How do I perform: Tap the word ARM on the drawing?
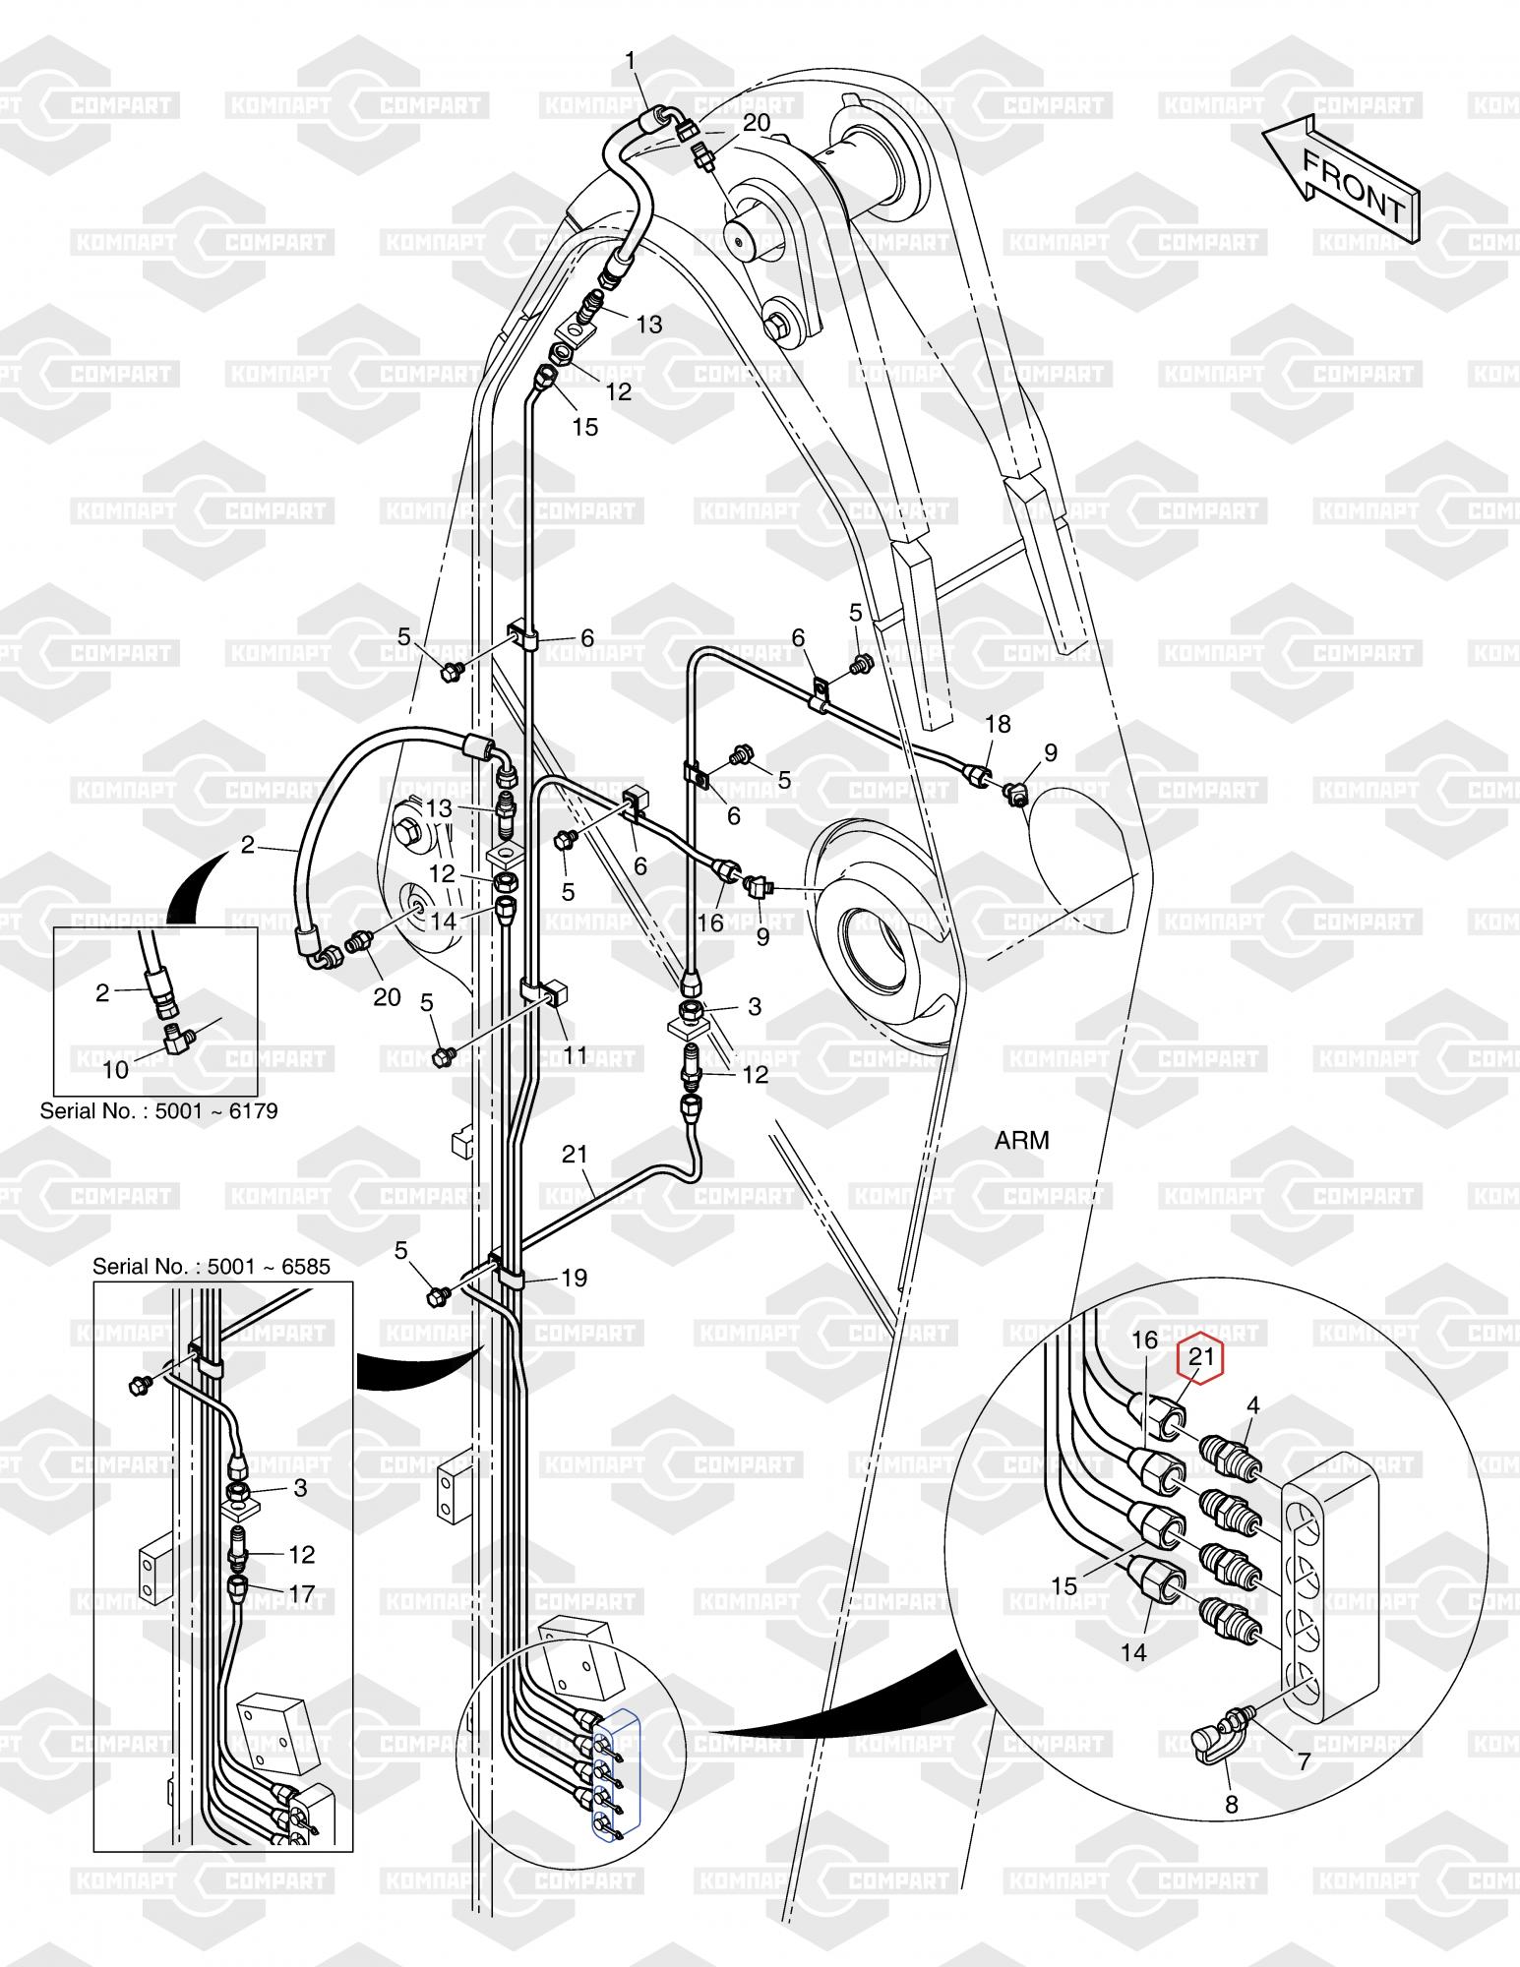tap(1022, 1141)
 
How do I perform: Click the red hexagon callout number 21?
tap(1200, 1358)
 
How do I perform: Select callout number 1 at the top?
tap(631, 61)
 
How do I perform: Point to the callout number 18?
tap(998, 724)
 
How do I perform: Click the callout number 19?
tap(574, 1278)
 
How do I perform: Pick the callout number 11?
tap(575, 1055)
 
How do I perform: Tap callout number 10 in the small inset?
tap(115, 1070)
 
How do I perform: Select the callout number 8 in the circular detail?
tap(1231, 1805)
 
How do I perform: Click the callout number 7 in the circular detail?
tap(1305, 1761)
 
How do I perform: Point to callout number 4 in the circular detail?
tap(1252, 1406)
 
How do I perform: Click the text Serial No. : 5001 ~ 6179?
tap(158, 1111)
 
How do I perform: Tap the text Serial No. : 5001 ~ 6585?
tap(212, 1265)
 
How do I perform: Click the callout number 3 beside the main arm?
tap(755, 1006)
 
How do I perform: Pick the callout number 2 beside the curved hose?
tap(247, 845)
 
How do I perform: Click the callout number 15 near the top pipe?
tap(585, 428)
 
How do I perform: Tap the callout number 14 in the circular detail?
tap(1134, 1653)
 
